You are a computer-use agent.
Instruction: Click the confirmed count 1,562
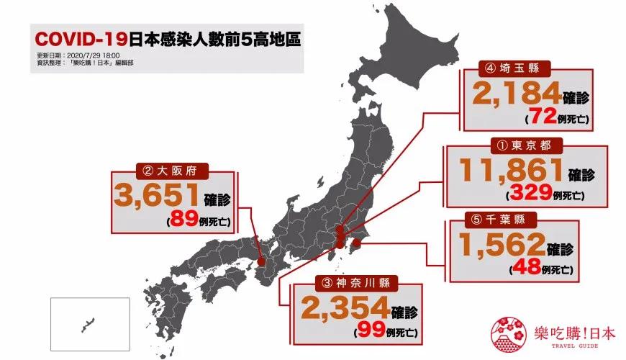499,247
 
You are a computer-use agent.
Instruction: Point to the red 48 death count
524,270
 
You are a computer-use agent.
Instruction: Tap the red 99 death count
368,332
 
